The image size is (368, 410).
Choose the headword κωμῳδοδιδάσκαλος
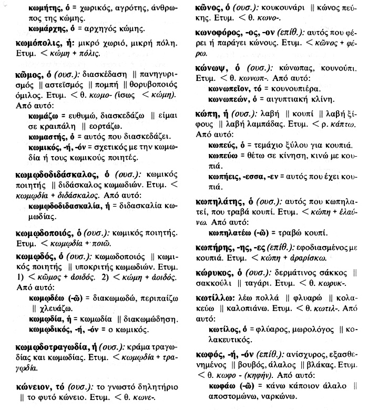click(x=58, y=173)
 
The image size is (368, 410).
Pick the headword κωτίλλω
click(x=207, y=298)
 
